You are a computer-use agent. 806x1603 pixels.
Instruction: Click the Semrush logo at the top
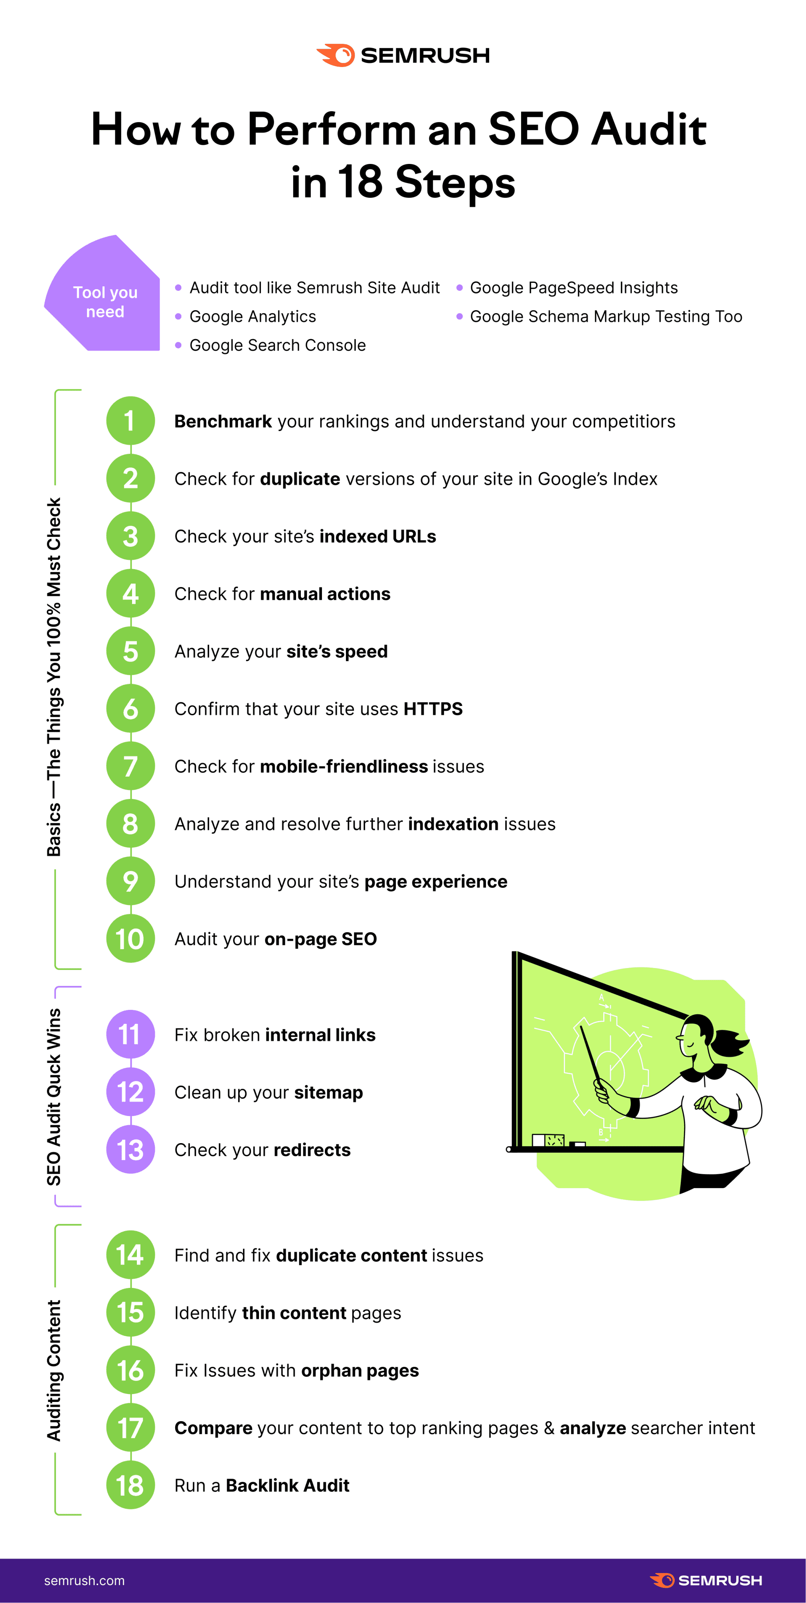click(403, 55)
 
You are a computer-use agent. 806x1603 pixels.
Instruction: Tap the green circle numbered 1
click(130, 421)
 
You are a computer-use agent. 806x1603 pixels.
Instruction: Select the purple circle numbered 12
click(130, 1092)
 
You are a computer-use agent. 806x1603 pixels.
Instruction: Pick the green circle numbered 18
click(130, 1485)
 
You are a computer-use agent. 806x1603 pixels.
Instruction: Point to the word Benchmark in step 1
click(223, 421)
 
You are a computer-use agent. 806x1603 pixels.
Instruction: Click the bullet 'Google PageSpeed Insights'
click(573, 288)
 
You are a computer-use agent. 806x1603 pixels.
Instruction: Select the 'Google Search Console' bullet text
click(278, 345)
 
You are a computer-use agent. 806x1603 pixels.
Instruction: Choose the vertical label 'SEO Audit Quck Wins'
click(54, 1096)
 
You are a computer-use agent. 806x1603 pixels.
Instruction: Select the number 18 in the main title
click(360, 182)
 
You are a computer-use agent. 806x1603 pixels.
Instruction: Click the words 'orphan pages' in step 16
click(360, 1370)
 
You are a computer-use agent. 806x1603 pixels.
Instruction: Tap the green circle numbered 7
click(130, 766)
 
